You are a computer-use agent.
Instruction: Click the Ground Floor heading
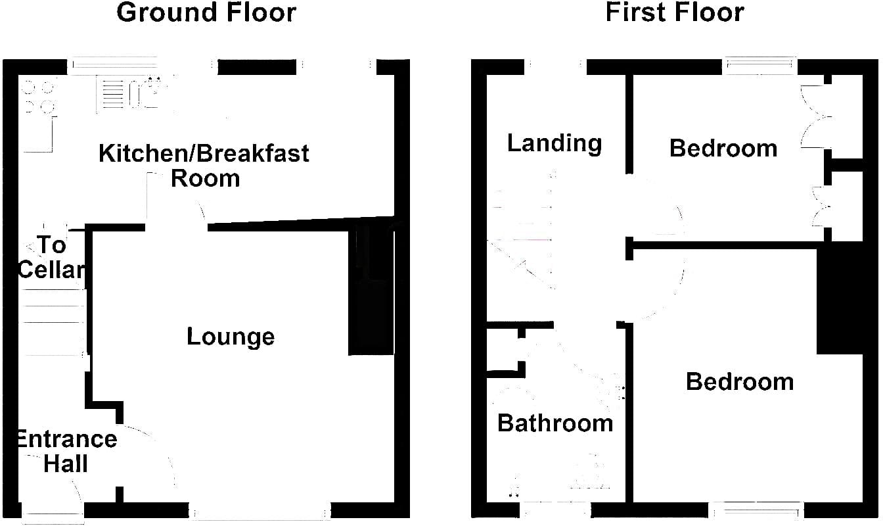[206, 12]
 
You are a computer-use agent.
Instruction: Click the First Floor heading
[675, 12]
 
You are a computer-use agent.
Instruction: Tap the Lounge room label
[231, 337]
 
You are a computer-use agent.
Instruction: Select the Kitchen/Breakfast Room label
[204, 165]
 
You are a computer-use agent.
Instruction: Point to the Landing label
[555, 143]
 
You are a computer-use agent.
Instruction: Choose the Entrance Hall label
[67, 451]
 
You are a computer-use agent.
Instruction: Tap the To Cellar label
[51, 257]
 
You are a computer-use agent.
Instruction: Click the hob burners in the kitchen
[39, 97]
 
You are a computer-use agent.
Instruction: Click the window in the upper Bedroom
[760, 66]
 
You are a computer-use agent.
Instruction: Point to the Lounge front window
[260, 511]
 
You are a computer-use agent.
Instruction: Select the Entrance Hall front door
[53, 513]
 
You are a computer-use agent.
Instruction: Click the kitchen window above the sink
[114, 66]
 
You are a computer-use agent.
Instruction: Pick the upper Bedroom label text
[723, 149]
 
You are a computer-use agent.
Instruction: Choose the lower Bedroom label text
[740, 382]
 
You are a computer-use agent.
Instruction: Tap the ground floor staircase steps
[52, 322]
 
